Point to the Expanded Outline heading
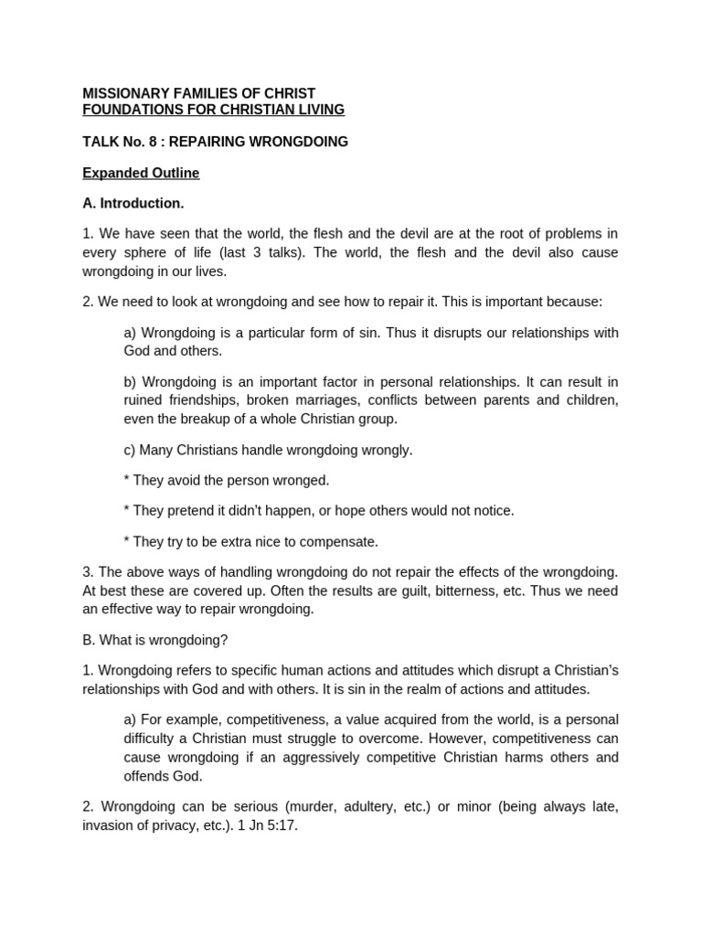click(141, 173)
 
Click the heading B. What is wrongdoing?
click(154, 639)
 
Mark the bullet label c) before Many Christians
click(130, 450)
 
